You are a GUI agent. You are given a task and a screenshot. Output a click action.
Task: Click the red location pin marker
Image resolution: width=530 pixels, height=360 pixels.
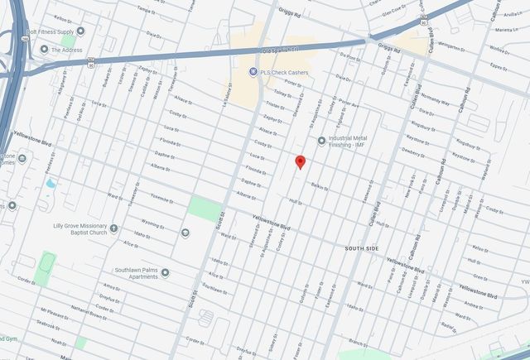301,162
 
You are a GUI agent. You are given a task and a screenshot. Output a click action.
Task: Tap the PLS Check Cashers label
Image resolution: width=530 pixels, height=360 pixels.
286,71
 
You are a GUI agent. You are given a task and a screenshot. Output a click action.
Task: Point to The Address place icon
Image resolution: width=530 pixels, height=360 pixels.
44,50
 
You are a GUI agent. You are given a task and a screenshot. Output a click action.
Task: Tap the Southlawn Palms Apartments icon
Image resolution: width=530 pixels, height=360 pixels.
166,273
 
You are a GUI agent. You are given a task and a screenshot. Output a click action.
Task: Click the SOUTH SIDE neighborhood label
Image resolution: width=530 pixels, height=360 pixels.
361,247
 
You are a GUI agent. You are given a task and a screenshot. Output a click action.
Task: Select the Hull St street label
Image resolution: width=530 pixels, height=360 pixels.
295,200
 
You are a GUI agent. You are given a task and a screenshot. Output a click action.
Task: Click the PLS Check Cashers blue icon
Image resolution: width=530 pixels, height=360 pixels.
253,71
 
